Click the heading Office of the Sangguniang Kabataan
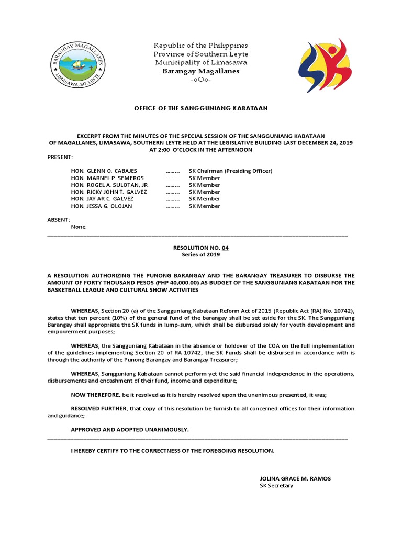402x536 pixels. pyautogui.click(x=200, y=108)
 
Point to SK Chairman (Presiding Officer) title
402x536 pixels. pyautogui.click(x=230, y=171)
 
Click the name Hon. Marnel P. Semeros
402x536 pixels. pyautogui.click(x=107, y=178)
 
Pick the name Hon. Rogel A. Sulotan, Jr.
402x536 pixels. pyautogui.click(x=110, y=185)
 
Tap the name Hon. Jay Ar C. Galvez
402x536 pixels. pyautogui.click(x=102, y=199)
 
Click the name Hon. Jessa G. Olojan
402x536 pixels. pyautogui.click(x=102, y=206)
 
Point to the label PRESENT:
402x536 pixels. pyautogui.click(x=61, y=157)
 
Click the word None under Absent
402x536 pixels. pyautogui.click(x=78, y=227)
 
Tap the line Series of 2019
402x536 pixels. pyautogui.click(x=200, y=255)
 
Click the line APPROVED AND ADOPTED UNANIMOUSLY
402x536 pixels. pyautogui.click(x=130, y=429)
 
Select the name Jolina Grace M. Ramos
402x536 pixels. pyautogui.click(x=295, y=478)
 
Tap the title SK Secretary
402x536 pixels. pyautogui.click(x=276, y=486)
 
